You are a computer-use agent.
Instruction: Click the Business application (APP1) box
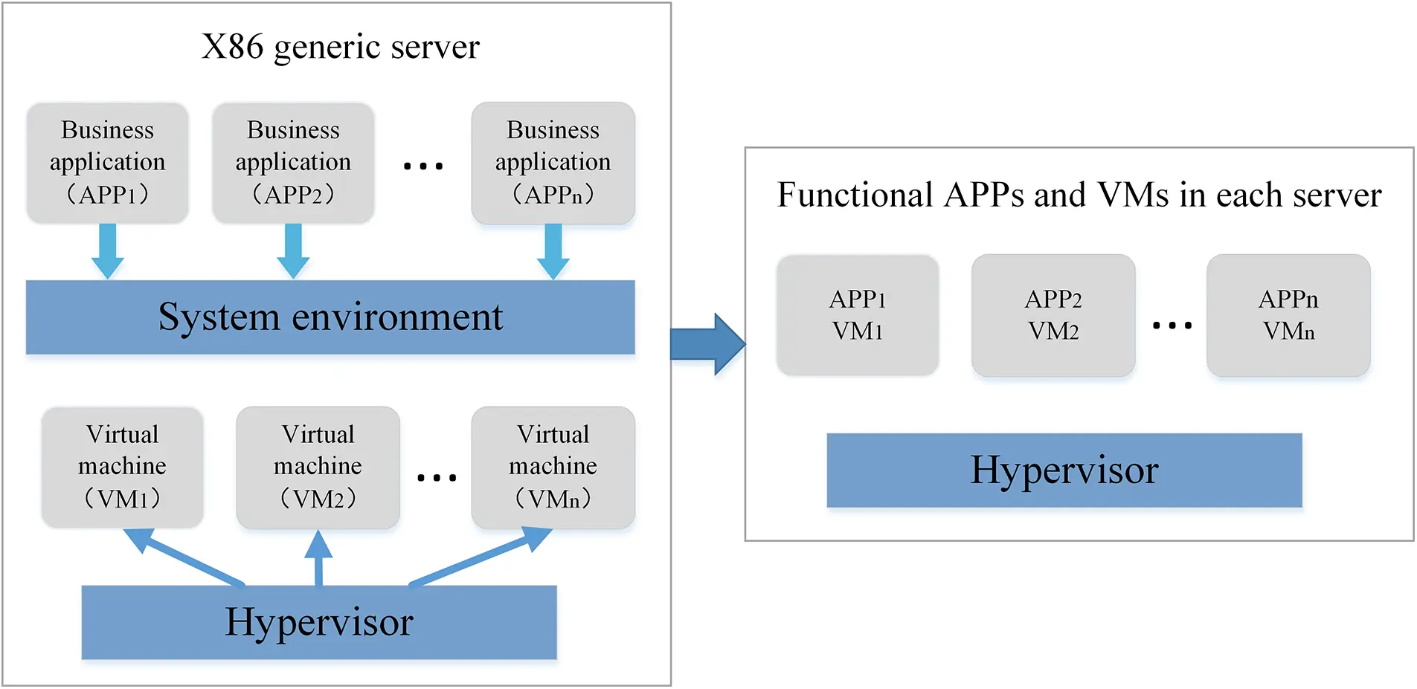click(108, 163)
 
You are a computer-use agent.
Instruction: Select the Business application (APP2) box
click(293, 163)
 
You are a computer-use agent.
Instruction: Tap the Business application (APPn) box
click(553, 163)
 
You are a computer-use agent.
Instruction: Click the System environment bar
click(330, 317)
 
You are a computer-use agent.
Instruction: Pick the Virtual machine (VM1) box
click(123, 467)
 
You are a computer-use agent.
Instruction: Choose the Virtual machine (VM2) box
click(318, 467)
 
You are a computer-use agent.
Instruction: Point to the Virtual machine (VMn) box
click(553, 467)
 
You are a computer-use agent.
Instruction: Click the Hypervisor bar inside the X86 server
click(318, 622)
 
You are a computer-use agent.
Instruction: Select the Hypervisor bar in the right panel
click(1064, 470)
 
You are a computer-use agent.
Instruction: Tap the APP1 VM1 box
click(858, 315)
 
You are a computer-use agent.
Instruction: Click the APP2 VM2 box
click(1053, 315)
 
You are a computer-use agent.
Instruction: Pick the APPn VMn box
click(1288, 315)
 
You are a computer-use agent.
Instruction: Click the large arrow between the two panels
click(707, 344)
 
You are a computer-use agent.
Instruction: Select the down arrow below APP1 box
click(108, 251)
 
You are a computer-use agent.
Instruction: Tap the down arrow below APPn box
click(553, 251)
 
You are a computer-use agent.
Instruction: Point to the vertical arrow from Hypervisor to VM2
click(318, 559)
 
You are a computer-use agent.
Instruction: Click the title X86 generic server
click(341, 47)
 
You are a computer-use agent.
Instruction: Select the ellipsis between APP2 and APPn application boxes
click(422, 166)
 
